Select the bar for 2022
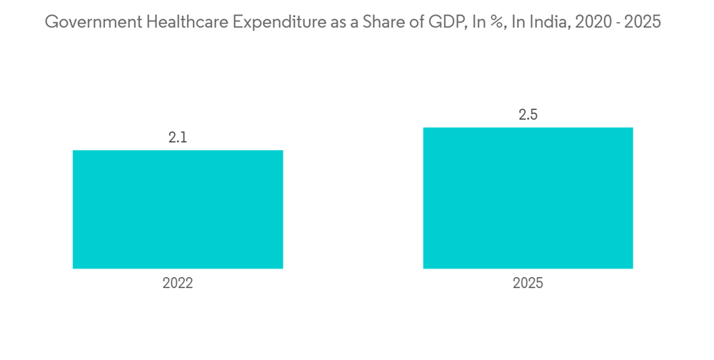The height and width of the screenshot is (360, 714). [x=178, y=209]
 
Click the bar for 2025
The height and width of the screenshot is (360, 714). [x=528, y=198]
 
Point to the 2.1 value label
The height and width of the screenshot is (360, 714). [x=178, y=138]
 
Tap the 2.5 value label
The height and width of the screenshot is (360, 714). [x=528, y=115]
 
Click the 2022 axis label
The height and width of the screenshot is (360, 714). [x=178, y=283]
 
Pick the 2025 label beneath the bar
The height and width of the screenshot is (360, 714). [x=528, y=283]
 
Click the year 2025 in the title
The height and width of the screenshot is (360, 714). [x=643, y=22]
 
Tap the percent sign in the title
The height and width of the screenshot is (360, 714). [x=489, y=22]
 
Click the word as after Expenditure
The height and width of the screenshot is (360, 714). [x=332, y=22]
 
